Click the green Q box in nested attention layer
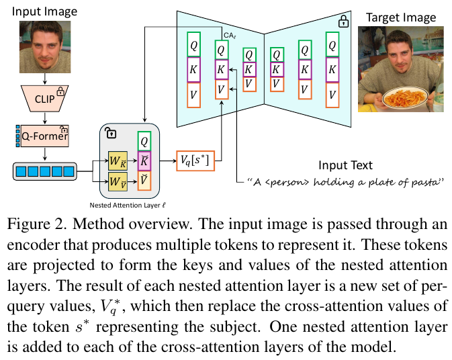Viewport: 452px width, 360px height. [x=143, y=140]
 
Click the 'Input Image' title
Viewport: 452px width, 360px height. [x=44, y=11]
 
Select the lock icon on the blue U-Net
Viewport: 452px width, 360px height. [x=343, y=21]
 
